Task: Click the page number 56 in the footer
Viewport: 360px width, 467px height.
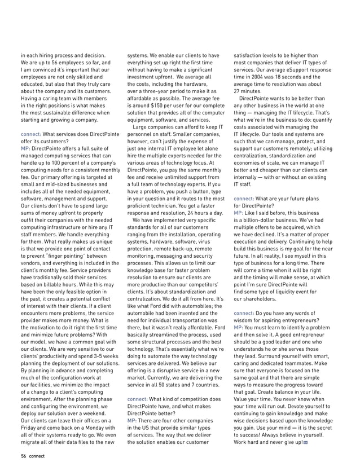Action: click(x=23, y=455)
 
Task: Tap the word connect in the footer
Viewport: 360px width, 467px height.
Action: click(x=37, y=455)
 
